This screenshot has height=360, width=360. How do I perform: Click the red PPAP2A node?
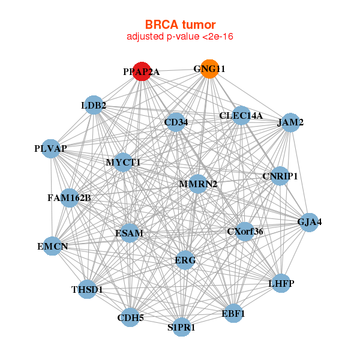click(x=142, y=71)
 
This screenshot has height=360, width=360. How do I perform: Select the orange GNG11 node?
click(x=209, y=68)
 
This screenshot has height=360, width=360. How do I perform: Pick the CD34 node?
click(x=176, y=122)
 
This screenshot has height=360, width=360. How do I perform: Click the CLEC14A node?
click(x=241, y=115)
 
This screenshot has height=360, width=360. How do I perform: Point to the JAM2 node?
click(x=290, y=122)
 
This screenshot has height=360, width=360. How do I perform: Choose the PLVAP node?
click(x=50, y=148)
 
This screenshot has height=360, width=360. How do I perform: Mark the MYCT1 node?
click(x=123, y=162)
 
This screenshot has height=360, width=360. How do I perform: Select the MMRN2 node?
click(x=198, y=184)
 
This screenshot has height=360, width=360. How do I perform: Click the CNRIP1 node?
click(x=280, y=176)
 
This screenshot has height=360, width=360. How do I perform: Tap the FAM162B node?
click(x=69, y=197)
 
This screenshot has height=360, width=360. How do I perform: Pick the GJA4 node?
click(x=309, y=221)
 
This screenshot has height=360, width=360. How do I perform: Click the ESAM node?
click(x=130, y=233)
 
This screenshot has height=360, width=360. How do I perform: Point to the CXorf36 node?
click(x=245, y=231)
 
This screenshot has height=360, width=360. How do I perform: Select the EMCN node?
click(x=52, y=246)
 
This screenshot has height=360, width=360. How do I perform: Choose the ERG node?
click(x=185, y=260)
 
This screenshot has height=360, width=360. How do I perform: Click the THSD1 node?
click(x=88, y=289)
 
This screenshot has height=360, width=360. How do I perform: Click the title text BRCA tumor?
click(x=180, y=25)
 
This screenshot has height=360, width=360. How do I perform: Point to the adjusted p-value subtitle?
click(x=180, y=37)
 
